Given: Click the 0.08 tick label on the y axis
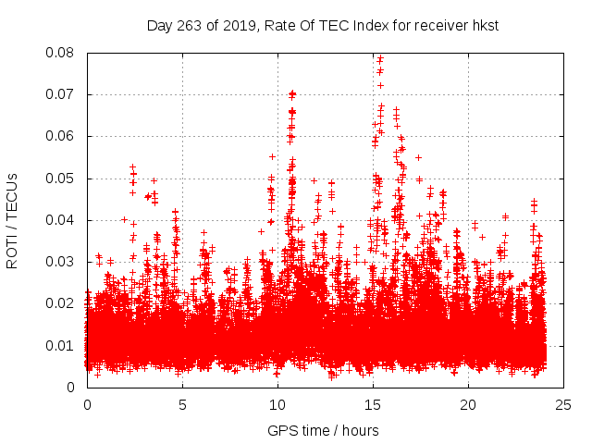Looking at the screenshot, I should click(x=63, y=53).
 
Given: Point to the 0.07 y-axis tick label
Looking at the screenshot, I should click(x=63, y=94).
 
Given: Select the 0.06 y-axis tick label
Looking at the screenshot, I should click(x=63, y=136).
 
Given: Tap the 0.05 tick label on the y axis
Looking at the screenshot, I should click(x=63, y=179).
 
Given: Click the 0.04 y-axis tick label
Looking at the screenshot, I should click(x=63, y=220).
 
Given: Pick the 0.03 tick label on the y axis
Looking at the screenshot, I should click(x=63, y=262).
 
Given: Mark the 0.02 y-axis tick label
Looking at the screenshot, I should click(x=63, y=303).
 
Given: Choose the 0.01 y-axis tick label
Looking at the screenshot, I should click(x=63, y=346).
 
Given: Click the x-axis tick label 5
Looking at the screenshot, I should click(x=182, y=404).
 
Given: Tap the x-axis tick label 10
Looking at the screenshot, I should click(x=277, y=404).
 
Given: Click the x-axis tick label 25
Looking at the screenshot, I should click(x=563, y=404).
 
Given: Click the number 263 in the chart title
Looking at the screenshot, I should click(x=188, y=25).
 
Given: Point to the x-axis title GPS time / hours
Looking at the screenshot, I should click(x=323, y=430).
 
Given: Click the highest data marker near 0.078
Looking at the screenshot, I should click(x=379, y=59).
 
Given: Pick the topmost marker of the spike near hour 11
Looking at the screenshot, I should click(x=292, y=93).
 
